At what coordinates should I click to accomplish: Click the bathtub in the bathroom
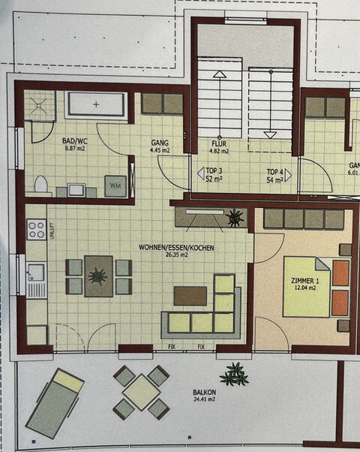(97, 104)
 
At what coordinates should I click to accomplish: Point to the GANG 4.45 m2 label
(160, 146)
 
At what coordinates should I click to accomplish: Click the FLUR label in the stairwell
(218, 143)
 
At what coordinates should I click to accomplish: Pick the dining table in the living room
(98, 275)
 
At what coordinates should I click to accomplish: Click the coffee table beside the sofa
(190, 295)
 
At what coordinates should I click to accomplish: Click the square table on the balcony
(142, 392)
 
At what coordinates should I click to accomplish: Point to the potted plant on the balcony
(235, 372)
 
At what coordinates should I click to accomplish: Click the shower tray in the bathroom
(38, 105)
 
